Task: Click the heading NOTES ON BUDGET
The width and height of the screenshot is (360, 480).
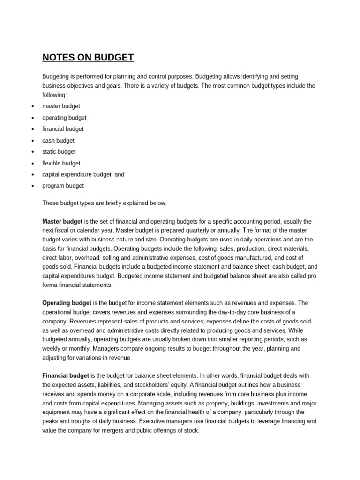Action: [x=88, y=58]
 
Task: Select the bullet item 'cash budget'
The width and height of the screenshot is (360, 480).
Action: [x=58, y=140]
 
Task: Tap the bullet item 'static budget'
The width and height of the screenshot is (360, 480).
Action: [x=59, y=152]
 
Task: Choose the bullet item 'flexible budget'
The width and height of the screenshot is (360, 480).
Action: [x=61, y=163]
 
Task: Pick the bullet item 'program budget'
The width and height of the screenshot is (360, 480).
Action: [x=63, y=186]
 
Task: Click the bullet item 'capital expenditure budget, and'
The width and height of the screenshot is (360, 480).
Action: [x=83, y=174]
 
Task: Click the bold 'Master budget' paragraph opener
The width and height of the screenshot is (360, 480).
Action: [x=62, y=221]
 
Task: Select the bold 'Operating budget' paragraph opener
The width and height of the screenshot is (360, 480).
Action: [x=67, y=303]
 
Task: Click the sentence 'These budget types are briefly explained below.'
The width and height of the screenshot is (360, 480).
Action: [x=104, y=203]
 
